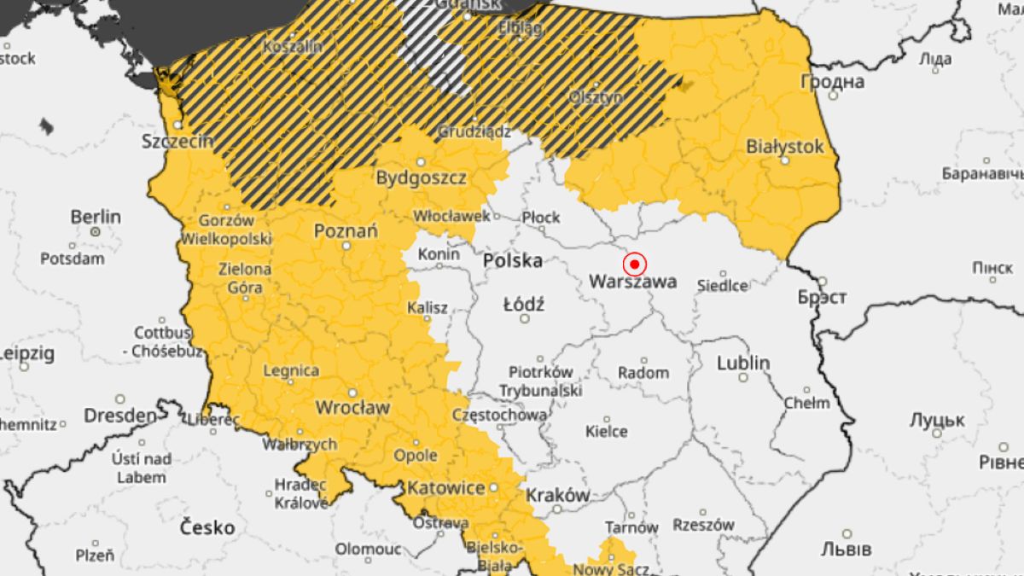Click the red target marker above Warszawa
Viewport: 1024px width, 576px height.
coord(634,264)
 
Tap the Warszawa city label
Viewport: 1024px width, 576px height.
coord(633,281)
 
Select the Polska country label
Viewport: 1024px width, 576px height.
coord(513,260)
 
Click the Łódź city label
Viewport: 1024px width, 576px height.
coord(524,304)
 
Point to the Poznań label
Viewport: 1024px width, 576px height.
coord(346,231)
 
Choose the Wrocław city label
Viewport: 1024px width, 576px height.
coord(352,408)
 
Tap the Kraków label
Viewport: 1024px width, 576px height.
coord(557,495)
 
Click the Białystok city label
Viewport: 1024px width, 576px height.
coord(785,146)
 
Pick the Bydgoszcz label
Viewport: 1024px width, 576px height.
coord(422,178)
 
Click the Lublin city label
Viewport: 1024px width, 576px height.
coord(742,363)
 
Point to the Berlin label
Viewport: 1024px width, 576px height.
coord(96,216)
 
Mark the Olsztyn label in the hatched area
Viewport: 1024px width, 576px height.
coord(596,97)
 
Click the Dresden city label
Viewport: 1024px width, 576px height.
coord(120,416)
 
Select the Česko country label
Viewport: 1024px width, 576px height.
coord(207,527)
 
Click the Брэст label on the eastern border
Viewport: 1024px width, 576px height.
coord(822,297)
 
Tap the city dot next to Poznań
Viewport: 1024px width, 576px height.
coord(346,246)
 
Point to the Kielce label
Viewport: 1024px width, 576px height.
coord(606,431)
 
